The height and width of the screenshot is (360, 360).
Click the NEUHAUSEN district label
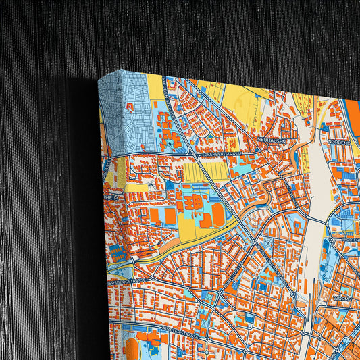[273, 140]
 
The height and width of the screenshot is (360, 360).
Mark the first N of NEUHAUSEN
[259, 140]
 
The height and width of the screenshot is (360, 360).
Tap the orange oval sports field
[218, 215]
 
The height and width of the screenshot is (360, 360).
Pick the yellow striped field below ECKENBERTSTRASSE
[195, 173]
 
